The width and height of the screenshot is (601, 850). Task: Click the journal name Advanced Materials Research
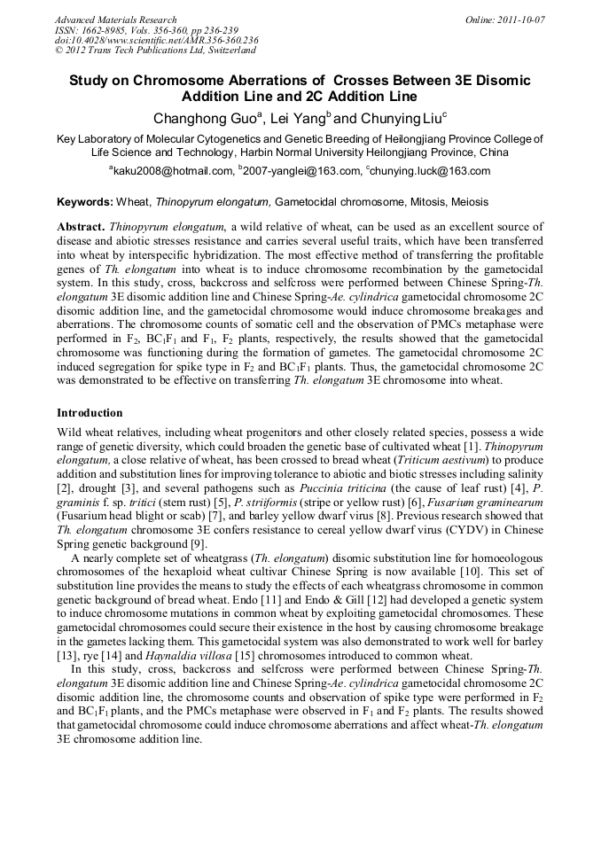click(x=115, y=19)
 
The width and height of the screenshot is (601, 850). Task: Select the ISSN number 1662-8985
click(x=108, y=30)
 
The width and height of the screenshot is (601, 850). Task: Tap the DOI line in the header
click(x=156, y=41)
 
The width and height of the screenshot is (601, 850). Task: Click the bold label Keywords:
click(x=84, y=202)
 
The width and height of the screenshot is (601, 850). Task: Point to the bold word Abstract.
click(x=81, y=228)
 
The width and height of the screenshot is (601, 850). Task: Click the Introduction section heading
click(x=90, y=412)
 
